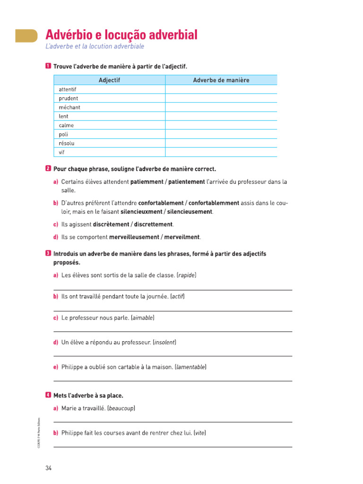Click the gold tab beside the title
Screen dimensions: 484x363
[26, 35]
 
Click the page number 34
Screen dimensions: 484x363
[48, 468]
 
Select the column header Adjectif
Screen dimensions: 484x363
[109, 80]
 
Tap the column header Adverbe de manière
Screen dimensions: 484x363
[221, 80]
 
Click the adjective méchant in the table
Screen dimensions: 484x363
[69, 107]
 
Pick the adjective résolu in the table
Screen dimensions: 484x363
[67, 143]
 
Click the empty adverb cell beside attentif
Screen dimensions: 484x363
[221, 89]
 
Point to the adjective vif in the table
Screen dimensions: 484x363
[61, 152]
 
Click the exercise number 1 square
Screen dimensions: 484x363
[48, 67]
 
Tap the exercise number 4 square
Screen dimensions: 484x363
[48, 395]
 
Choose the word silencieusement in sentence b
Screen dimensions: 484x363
[189, 212]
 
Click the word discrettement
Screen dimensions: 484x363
[151, 224]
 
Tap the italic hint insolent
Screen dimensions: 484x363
[164, 342]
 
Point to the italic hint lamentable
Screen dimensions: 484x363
[190, 367]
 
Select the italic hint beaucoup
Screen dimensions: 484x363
[121, 408]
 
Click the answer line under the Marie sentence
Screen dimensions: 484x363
[173, 422]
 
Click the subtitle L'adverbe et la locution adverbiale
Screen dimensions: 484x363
[95, 47]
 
